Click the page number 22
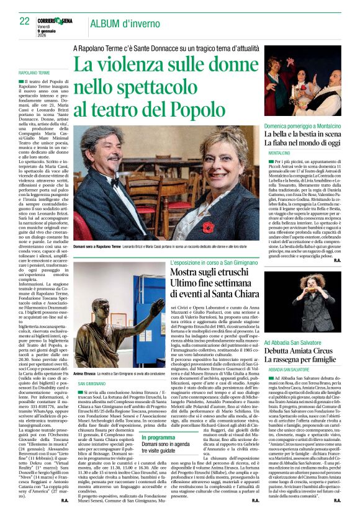(24, 21)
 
